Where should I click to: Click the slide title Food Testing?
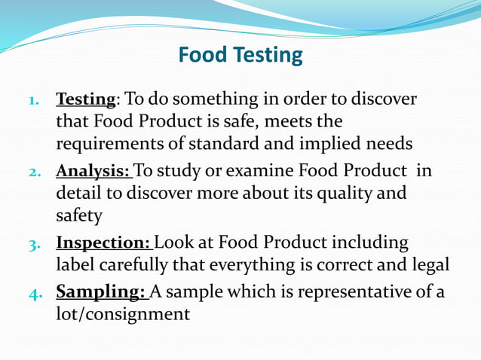pos(240,56)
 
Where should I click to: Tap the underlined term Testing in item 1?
pos(86,99)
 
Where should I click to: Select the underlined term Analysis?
pos(93,171)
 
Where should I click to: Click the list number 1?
pos(34,100)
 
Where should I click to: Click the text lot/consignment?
pos(123,313)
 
